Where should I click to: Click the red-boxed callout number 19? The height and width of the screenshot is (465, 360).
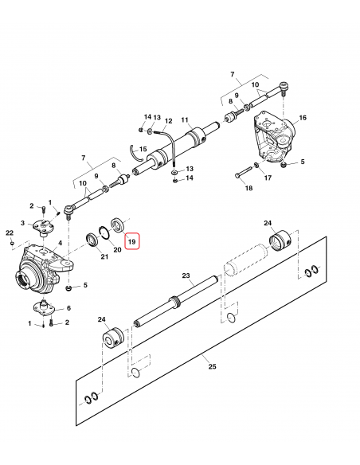[131, 241]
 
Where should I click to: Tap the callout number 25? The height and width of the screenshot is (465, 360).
[212, 366]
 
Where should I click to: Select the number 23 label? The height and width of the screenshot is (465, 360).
[186, 275]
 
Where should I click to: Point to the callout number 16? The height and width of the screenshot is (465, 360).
[303, 118]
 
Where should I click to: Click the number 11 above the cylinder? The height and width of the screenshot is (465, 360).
[185, 119]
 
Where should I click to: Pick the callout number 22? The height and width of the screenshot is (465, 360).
[10, 232]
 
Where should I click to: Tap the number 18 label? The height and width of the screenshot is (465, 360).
[248, 188]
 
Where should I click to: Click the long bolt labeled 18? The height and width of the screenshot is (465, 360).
[244, 172]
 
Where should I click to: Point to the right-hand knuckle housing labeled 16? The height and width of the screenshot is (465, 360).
[275, 137]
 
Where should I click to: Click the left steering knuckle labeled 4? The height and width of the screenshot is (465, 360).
[43, 268]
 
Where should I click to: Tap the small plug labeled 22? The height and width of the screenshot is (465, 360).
[12, 243]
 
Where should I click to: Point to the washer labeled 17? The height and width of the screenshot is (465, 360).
[256, 165]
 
